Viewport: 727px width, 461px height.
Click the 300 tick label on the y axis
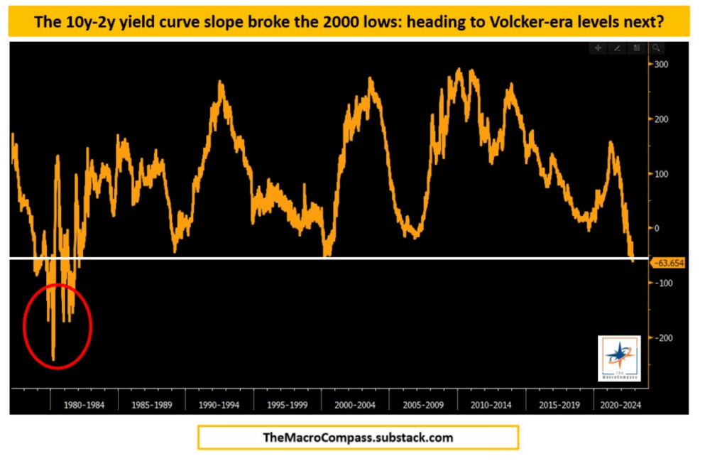click(x=662, y=65)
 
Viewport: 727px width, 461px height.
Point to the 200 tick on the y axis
click(x=662, y=119)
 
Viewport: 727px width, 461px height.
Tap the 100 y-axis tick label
click(x=662, y=174)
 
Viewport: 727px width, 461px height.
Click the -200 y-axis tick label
click(x=664, y=338)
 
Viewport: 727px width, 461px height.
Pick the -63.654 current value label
click(x=669, y=262)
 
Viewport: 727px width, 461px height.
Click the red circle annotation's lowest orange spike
click(x=53, y=359)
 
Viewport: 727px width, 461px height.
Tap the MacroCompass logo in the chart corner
click(x=618, y=354)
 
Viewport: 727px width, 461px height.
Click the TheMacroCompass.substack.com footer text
click(x=358, y=438)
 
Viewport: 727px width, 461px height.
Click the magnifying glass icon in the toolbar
click(x=657, y=48)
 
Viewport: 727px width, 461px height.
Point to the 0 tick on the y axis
click(x=657, y=229)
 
